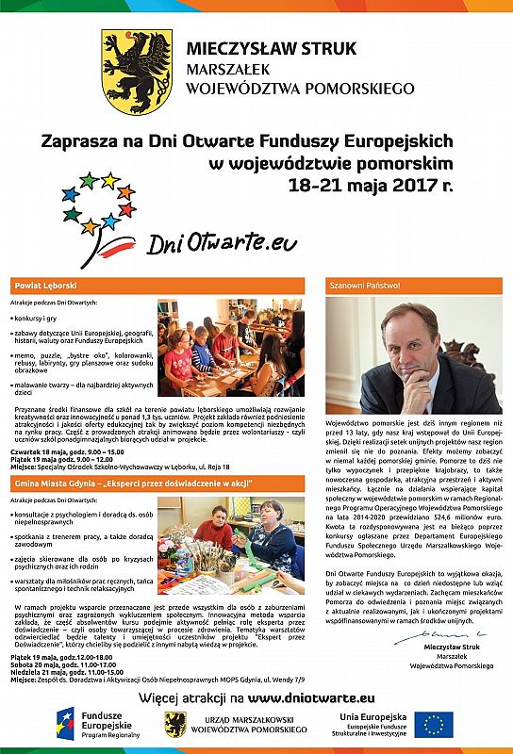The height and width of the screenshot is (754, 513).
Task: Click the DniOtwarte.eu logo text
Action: [222, 243]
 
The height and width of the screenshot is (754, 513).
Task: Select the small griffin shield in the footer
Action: [174, 725]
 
